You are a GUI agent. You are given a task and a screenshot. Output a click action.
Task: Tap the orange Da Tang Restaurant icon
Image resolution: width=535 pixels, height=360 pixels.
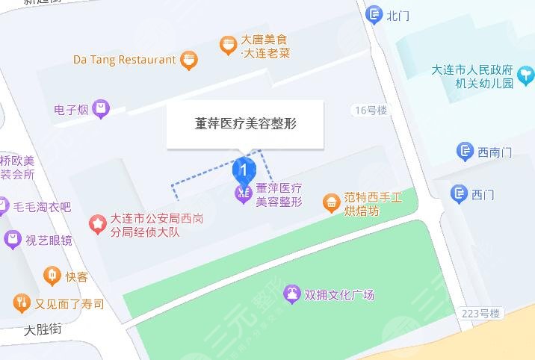click(x=189, y=60)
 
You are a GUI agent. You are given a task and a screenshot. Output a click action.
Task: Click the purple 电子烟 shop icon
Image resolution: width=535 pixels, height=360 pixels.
click(x=102, y=110)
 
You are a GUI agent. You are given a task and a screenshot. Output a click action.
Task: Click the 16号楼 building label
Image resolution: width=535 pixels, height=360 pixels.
click(x=371, y=111)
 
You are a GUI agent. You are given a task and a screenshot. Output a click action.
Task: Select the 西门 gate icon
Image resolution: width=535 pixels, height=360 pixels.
click(x=460, y=195)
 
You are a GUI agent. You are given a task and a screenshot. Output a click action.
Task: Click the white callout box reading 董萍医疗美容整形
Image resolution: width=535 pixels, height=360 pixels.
click(x=244, y=125)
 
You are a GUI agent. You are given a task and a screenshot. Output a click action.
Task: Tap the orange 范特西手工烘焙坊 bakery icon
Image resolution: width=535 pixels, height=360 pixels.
click(x=331, y=202)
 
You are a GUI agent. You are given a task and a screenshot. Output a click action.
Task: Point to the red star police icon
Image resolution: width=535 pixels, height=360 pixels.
click(x=97, y=223)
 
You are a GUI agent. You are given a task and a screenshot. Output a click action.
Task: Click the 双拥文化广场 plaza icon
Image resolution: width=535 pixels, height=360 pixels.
click(x=291, y=295)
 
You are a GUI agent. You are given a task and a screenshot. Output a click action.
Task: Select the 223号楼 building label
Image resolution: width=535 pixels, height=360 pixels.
click(x=480, y=314)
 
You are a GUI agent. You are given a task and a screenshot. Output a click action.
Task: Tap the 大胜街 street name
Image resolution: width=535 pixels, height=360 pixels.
click(x=43, y=329)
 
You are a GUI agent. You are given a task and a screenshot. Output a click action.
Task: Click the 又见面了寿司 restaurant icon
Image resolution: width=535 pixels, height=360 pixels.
click(x=21, y=303)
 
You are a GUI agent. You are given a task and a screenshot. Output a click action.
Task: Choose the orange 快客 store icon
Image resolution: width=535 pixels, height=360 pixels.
click(x=52, y=277)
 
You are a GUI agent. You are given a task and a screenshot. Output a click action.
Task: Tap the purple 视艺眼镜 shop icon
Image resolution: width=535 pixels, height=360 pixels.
click(x=13, y=240)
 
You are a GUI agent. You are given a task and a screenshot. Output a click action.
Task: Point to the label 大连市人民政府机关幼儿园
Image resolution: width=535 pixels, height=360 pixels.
click(x=474, y=76)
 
